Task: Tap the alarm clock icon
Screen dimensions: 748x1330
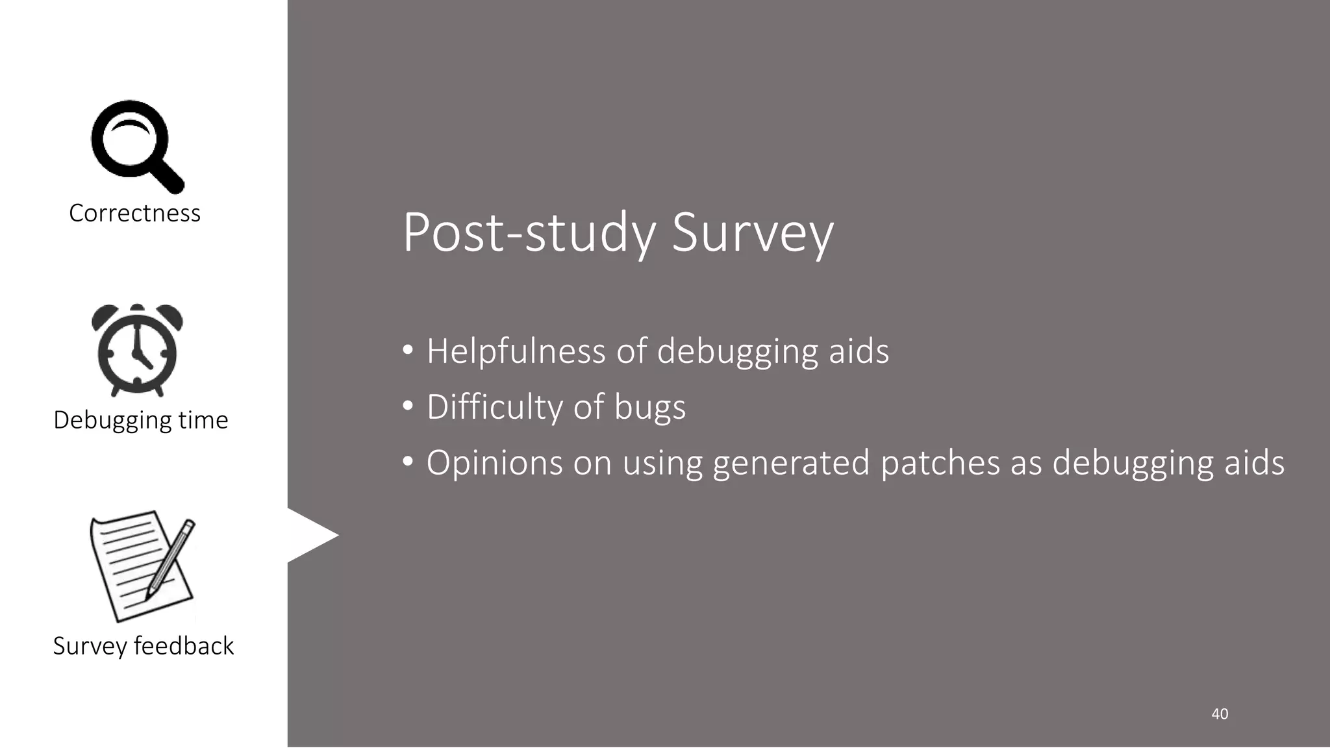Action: click(x=137, y=351)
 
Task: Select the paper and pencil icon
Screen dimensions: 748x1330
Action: click(x=142, y=566)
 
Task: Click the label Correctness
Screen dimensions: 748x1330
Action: click(x=134, y=213)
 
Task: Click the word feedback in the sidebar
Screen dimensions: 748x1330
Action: click(x=184, y=646)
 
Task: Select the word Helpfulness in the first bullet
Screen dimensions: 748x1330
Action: click(x=516, y=352)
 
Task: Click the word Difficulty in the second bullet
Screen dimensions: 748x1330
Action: click(x=494, y=408)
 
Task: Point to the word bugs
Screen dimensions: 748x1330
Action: click(x=649, y=408)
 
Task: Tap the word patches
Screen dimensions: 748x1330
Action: click(x=940, y=464)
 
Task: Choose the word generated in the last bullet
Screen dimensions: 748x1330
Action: click(x=790, y=464)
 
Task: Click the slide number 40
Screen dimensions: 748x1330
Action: click(x=1220, y=714)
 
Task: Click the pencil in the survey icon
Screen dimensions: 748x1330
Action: click(x=170, y=559)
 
